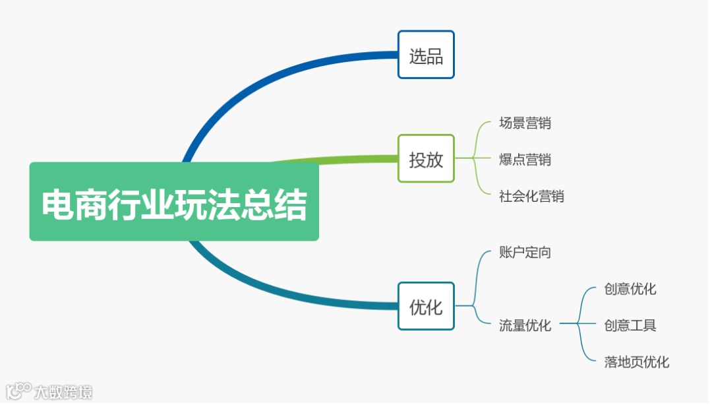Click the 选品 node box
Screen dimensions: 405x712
click(x=426, y=55)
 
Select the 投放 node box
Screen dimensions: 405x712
click(x=426, y=159)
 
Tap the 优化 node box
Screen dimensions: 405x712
click(x=426, y=306)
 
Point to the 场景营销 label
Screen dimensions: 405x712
click(x=525, y=123)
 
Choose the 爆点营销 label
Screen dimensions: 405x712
click(x=525, y=159)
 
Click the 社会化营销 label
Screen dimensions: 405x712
click(x=531, y=196)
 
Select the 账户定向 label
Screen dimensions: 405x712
click(x=525, y=252)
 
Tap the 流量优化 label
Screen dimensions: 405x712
click(x=525, y=325)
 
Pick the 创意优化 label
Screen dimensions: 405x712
click(x=630, y=289)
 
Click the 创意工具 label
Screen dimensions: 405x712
click(x=630, y=325)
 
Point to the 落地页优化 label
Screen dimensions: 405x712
click(x=636, y=361)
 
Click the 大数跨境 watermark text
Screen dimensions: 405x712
click(x=63, y=392)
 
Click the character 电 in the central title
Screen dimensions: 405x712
click(x=58, y=205)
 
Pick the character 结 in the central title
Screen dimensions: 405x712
click(x=291, y=205)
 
